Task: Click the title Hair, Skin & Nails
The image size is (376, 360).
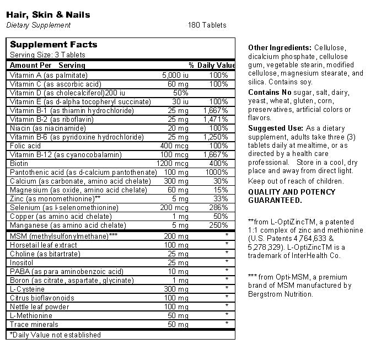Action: click(48, 15)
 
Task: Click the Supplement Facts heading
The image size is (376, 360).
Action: click(53, 45)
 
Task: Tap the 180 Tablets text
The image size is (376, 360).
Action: click(207, 25)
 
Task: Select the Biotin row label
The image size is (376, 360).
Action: click(19, 164)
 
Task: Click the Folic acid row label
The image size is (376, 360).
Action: click(25, 146)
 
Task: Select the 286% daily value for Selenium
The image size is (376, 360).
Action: click(218, 208)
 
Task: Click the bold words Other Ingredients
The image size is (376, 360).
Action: click(280, 48)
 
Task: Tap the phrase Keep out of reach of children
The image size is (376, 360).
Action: click(296, 181)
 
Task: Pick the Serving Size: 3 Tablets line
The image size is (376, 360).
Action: click(47, 55)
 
